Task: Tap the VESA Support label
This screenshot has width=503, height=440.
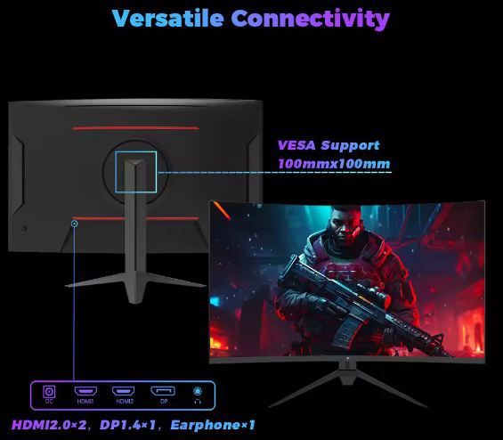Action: coord(328,145)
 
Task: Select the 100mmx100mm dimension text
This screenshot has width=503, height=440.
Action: coord(333,164)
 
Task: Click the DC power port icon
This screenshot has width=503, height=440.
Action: coord(50,392)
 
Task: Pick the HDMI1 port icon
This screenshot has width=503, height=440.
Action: coord(85,392)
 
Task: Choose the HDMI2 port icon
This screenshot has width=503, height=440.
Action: coord(123,392)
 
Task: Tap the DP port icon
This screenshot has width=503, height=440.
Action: coord(162,392)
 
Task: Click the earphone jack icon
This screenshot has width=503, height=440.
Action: coord(198,392)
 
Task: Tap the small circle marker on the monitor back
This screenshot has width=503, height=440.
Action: coord(75,223)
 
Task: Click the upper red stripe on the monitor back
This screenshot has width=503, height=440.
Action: coord(135,127)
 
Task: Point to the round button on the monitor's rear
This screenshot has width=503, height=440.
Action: coord(24,227)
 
